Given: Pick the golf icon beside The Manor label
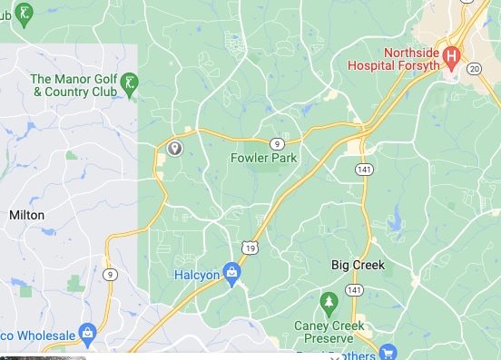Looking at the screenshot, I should click(x=130, y=83).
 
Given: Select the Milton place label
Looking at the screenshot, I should click(x=25, y=216).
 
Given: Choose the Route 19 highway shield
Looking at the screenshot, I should click(x=249, y=248).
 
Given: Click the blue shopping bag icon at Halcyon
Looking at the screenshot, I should click(x=232, y=272).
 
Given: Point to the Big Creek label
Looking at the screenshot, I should click(x=358, y=266).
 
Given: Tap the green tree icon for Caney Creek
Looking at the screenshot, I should click(x=329, y=300).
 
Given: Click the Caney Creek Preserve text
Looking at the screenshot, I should click(x=329, y=332).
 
